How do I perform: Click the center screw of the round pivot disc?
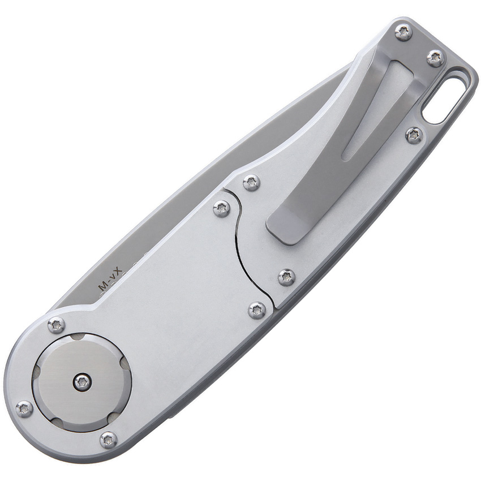(x=83, y=383)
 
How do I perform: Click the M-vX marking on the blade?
(x=111, y=281)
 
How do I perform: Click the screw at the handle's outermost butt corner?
(x=403, y=31)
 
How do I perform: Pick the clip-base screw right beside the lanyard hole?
(x=435, y=58)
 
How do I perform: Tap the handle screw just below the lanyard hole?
(x=414, y=135)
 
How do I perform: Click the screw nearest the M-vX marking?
(x=56, y=325)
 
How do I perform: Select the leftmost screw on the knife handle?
(x=24, y=409)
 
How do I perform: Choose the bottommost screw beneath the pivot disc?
(x=108, y=440)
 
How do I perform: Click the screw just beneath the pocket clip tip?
(x=286, y=277)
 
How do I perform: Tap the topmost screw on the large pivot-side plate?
(x=221, y=208)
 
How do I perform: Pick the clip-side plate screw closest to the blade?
(x=251, y=182)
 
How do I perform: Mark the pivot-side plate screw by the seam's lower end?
(x=257, y=310)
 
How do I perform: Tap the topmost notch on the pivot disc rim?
(x=78, y=337)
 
